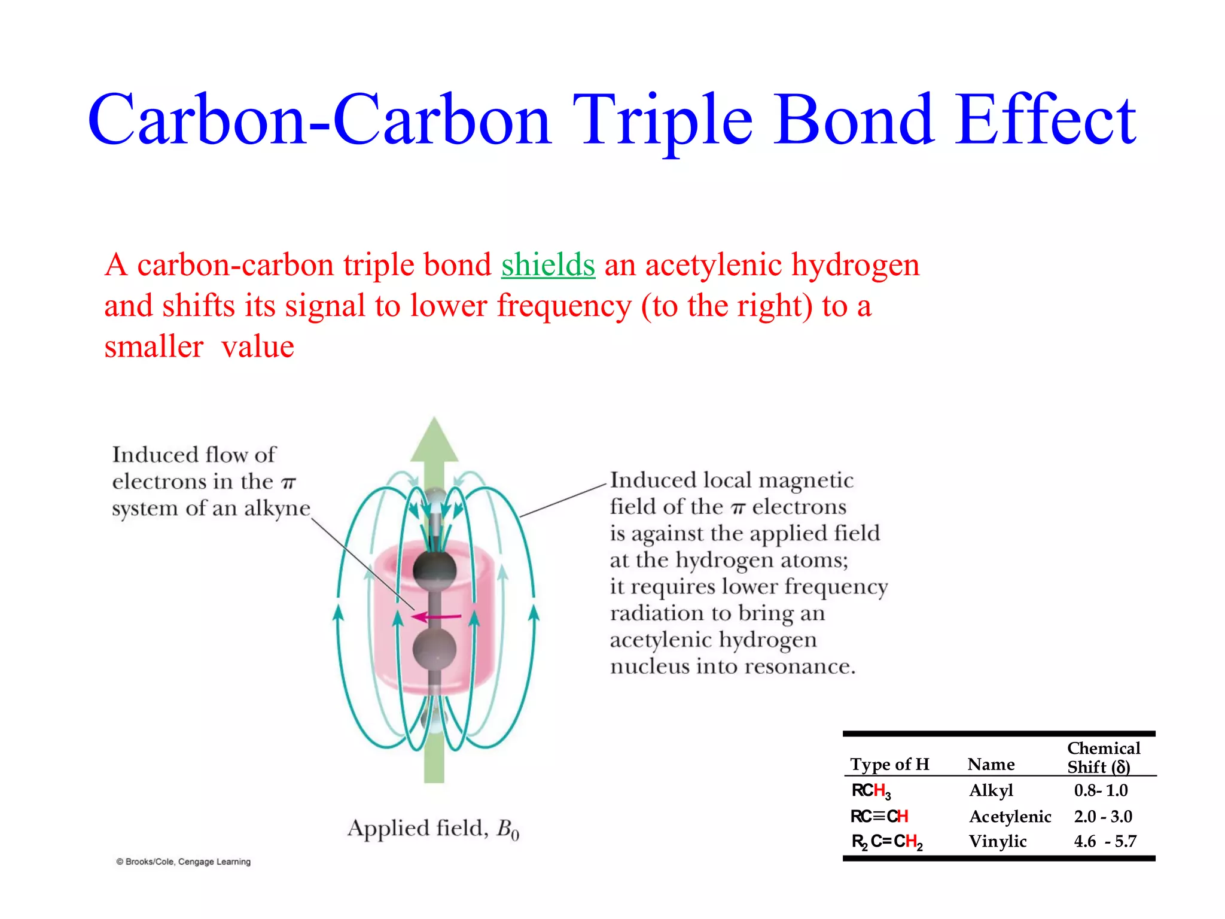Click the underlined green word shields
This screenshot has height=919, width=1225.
pyautogui.click(x=548, y=265)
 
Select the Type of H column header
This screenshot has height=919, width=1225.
pyautogui.click(x=889, y=765)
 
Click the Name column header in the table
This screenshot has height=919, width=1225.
pyautogui.click(x=991, y=765)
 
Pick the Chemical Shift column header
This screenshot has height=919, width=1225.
pyautogui.click(x=1104, y=757)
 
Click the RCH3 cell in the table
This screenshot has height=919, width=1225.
pyautogui.click(x=871, y=792)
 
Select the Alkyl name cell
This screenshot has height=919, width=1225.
pyautogui.click(x=991, y=791)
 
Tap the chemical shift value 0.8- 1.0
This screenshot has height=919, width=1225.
pyautogui.click(x=1101, y=791)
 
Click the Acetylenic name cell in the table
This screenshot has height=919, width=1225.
pyautogui.click(x=1010, y=817)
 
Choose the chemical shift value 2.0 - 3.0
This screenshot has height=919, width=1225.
pyautogui.click(x=1103, y=817)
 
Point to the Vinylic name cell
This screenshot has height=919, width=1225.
pyautogui.click(x=998, y=842)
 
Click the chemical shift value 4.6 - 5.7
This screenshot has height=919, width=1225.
pyautogui.click(x=1105, y=842)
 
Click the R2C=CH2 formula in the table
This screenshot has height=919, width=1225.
pyautogui.click(x=886, y=842)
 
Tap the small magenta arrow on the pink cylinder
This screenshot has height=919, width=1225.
pyautogui.click(x=437, y=616)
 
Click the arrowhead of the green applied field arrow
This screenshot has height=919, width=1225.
pyautogui.click(x=434, y=440)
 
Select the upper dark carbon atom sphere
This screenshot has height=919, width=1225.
pyautogui.click(x=435, y=568)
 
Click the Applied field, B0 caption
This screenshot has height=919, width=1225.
pyautogui.click(x=434, y=829)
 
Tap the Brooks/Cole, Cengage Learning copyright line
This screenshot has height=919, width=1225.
pyautogui.click(x=184, y=862)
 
